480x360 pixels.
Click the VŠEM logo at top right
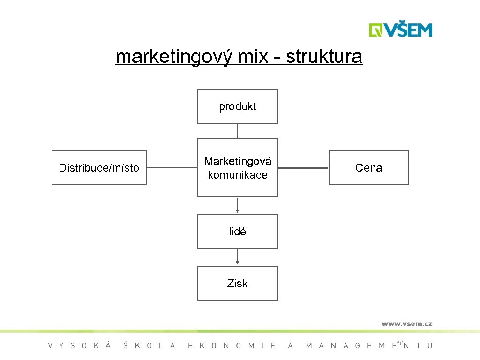pos(400,30)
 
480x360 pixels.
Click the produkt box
pos(238,106)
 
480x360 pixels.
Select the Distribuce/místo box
pos(99,168)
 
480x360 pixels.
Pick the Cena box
pos(368,168)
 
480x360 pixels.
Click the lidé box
pos(238,232)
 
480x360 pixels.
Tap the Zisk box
pos(238,284)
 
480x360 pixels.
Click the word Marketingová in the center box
pos(238,162)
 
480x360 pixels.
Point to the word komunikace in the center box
pos(238,175)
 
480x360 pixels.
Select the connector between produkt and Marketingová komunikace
pos(238,131)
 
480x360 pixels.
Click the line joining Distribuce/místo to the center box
pos(172,168)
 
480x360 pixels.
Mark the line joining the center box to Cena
pos(303,168)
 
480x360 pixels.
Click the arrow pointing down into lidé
pos(238,205)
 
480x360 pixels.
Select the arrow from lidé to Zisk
pos(238,257)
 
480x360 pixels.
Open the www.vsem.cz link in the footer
pos(406,323)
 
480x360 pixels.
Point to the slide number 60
pos(399,344)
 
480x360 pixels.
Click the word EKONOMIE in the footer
pos(232,346)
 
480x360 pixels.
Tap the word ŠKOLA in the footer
pos(149,346)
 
